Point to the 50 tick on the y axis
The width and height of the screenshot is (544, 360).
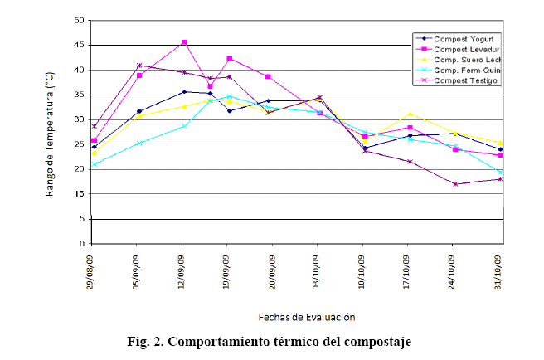[x=79, y=20]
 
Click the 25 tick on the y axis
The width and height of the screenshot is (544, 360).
[x=79, y=144]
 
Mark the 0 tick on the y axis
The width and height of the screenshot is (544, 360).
[x=81, y=244]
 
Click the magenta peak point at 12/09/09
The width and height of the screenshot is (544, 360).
[x=184, y=42]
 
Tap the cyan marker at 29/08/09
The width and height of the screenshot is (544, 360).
[x=95, y=164]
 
